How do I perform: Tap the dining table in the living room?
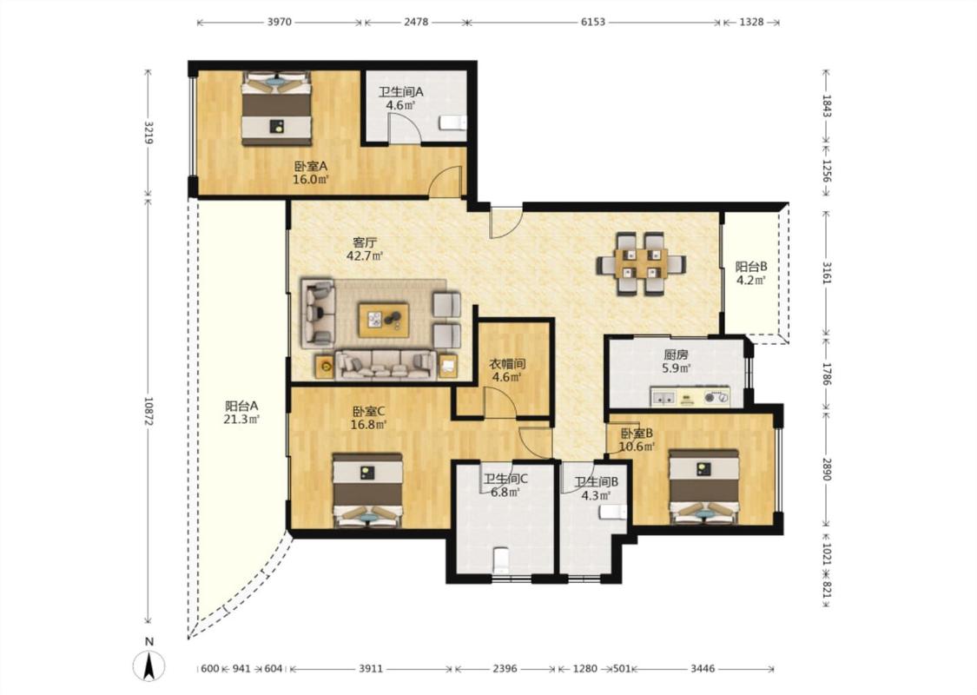pyautogui.click(x=641, y=263)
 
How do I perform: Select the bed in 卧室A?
pyautogui.click(x=276, y=109)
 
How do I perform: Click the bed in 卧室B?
pyautogui.click(x=704, y=487)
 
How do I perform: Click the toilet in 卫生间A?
pyautogui.click(x=452, y=122)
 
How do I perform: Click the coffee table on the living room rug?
pyautogui.click(x=383, y=320)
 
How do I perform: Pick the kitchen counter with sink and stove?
pyautogui.click(x=690, y=397)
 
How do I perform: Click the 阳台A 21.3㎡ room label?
pyautogui.click(x=241, y=412)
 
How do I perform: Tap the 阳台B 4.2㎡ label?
pyautogui.click(x=751, y=273)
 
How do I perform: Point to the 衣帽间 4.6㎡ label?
pyautogui.click(x=507, y=370)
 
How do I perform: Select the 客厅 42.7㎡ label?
pyautogui.click(x=365, y=248)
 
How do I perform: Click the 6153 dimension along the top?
pyautogui.click(x=592, y=22)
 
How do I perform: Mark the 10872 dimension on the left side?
pyautogui.click(x=149, y=412)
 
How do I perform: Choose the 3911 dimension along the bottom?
pyautogui.click(x=371, y=669)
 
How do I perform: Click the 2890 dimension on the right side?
pyautogui.click(x=826, y=469)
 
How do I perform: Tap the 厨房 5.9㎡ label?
pyautogui.click(x=676, y=361)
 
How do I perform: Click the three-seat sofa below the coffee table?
pyautogui.click(x=385, y=365)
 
